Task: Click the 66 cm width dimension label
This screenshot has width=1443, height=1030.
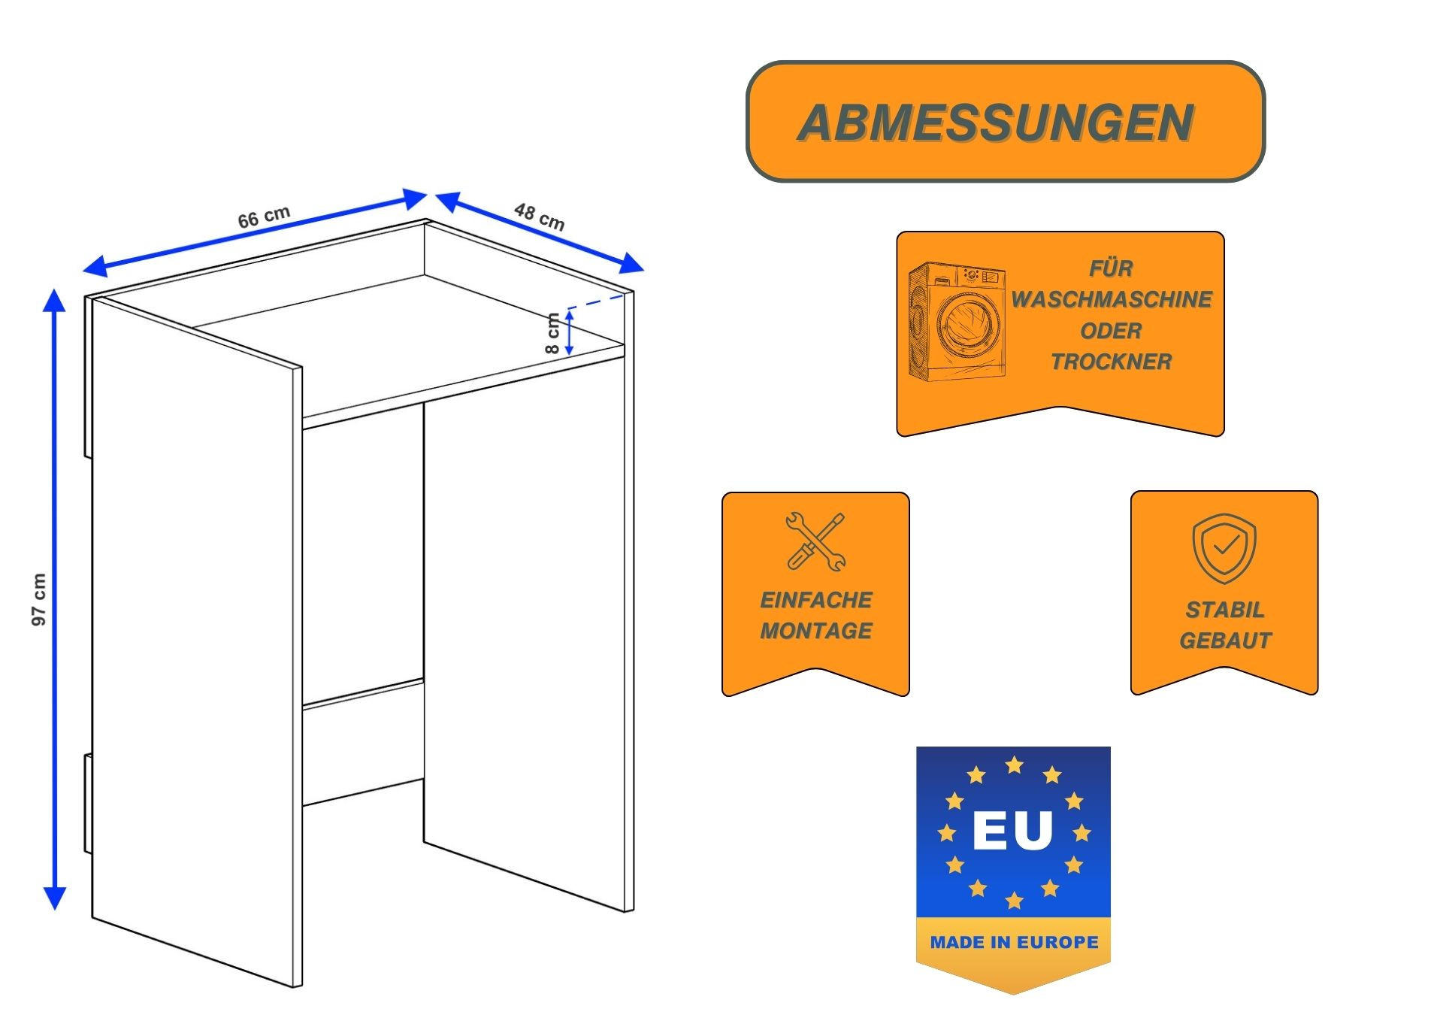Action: point(264,217)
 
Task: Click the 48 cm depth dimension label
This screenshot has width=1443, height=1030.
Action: point(539,217)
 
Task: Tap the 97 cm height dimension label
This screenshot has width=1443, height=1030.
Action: point(39,599)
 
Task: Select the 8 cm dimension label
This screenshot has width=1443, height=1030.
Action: point(552,333)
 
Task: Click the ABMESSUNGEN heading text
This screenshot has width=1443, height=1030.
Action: point(996,123)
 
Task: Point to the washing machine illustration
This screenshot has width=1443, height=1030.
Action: point(957,321)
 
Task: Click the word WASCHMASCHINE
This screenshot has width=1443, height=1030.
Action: point(1111,299)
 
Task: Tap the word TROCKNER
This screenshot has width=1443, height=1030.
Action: point(1111,362)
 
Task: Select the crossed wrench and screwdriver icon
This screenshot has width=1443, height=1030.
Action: point(815,541)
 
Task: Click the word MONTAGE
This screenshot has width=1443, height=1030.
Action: point(815,631)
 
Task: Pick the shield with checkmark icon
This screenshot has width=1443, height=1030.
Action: point(1224,548)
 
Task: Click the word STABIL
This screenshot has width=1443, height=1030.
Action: point(1224,610)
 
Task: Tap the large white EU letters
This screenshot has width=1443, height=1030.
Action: point(1012,831)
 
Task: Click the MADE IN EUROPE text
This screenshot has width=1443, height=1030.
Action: point(1014,942)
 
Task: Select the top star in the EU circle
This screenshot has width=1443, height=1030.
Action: point(1014,765)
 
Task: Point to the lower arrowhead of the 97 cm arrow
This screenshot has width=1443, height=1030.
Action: point(54,898)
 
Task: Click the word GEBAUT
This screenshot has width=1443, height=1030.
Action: point(1224,641)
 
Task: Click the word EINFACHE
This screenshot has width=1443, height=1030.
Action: point(815,600)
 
